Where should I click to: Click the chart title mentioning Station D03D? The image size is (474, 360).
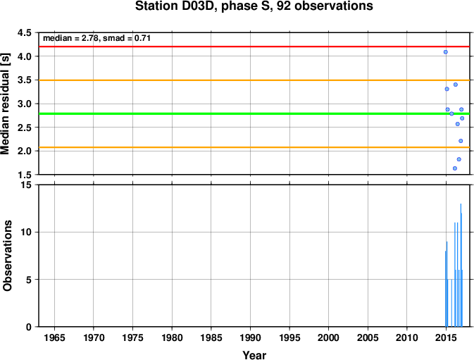pos(254,6)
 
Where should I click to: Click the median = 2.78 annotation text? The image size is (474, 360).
pos(96,38)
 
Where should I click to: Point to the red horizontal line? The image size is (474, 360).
pos(254,46)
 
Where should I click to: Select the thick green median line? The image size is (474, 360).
pos(254,113)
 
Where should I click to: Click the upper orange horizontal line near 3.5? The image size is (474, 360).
pos(254,80)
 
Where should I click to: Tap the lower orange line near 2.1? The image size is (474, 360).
pos(254,147)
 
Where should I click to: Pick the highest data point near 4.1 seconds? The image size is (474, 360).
pos(446,52)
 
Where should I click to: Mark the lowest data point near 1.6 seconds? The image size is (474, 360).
pos(455,168)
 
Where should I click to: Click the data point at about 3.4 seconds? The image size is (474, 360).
pos(456,85)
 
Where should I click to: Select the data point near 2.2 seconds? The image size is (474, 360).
pos(461,141)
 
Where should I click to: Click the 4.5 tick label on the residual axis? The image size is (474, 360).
pos(25,32)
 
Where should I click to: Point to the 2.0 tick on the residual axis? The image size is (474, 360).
pos(25,151)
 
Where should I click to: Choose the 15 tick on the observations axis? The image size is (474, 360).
pos(26,185)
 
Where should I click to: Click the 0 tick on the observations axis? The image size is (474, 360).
pos(29,327)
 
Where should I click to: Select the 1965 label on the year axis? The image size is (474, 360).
pos(54,337)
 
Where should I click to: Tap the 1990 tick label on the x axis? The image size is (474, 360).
pos(250,337)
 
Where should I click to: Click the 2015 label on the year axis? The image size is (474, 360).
pos(447,337)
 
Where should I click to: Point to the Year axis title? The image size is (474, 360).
pos(254,355)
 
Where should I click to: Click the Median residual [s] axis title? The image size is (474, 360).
pos(6,104)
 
